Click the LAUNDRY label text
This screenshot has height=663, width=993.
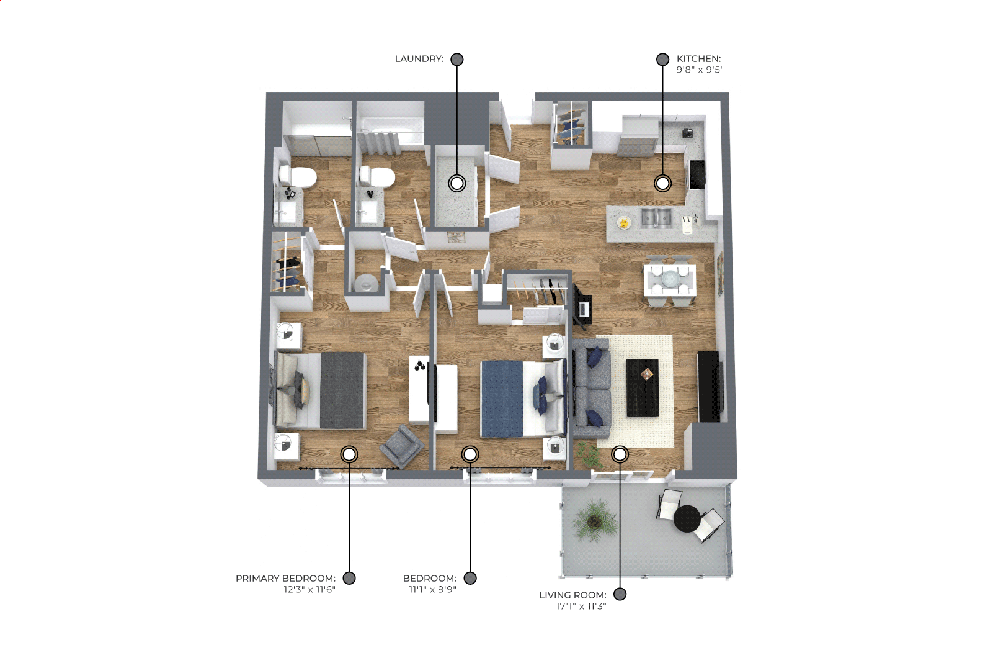pyautogui.click(x=419, y=59)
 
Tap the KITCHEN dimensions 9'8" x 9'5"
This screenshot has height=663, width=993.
pyautogui.click(x=700, y=70)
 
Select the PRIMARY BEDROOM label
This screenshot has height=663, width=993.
pyautogui.click(x=285, y=578)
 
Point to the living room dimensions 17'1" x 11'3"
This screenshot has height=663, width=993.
pyautogui.click(x=581, y=606)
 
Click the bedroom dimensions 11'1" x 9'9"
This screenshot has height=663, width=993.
pyautogui.click(x=432, y=589)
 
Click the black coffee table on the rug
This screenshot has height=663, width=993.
pyautogui.click(x=643, y=387)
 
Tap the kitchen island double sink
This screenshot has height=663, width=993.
pyautogui.click(x=656, y=219)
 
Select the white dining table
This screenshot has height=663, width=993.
pyautogui.click(x=670, y=280)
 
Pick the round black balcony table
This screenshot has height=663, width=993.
pyautogui.click(x=687, y=519)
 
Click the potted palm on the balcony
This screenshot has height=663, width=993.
pyautogui.click(x=594, y=520)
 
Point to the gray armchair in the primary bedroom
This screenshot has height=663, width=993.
pyautogui.click(x=401, y=446)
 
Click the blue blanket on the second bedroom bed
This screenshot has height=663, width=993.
pyautogui.click(x=502, y=399)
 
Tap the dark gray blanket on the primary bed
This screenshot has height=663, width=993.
pyautogui.click(x=342, y=390)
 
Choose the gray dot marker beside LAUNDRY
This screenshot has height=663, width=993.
pyautogui.click(x=457, y=59)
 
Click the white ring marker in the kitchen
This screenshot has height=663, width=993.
pyautogui.click(x=663, y=183)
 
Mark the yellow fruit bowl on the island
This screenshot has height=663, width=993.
pyautogui.click(x=624, y=222)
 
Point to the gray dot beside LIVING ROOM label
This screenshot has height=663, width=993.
pyautogui.click(x=620, y=594)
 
